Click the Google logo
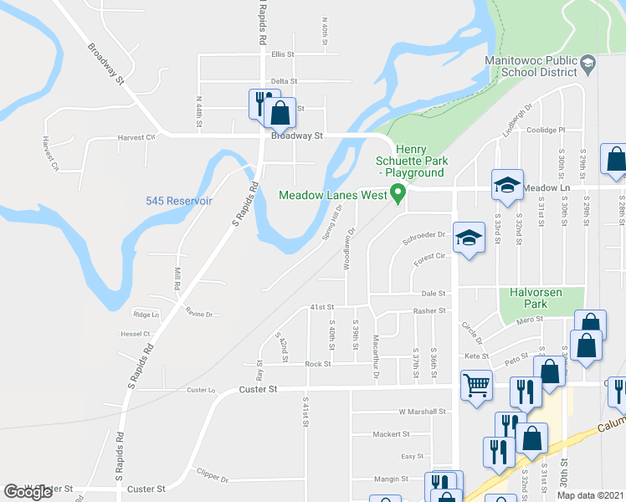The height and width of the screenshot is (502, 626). coord(28,492)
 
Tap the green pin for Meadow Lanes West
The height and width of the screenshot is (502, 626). coord(398,194)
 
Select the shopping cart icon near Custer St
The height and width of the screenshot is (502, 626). coord(476,386)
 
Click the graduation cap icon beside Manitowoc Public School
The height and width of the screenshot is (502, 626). coord(588,64)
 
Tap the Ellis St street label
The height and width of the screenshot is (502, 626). coord(283,54)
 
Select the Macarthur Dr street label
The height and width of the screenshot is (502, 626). coord(376,343)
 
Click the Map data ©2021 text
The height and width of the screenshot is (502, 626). coord(590,495)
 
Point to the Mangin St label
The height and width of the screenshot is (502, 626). coord(391,479)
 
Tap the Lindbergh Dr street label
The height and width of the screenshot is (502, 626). coord(518,123)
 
